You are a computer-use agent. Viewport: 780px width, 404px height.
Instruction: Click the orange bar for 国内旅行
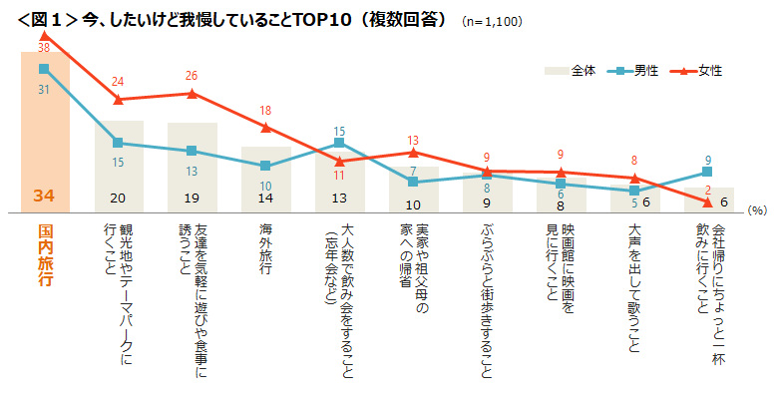[45, 130]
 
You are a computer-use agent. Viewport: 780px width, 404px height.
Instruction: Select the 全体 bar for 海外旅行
[265, 180]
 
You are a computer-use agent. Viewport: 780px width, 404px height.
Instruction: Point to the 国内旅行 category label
[45, 253]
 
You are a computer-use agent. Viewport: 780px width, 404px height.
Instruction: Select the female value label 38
[44, 47]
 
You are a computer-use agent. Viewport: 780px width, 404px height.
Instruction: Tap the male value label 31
[44, 89]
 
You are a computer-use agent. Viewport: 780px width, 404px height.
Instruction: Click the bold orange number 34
[44, 197]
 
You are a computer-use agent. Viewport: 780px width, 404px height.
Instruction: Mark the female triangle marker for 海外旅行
[265, 127]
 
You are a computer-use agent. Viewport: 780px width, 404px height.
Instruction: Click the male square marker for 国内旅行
[44, 69]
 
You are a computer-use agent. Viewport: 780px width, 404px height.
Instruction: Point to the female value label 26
[192, 76]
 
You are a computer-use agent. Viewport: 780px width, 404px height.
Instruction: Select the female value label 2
[708, 190]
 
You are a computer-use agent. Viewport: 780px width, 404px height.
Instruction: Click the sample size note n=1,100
[493, 21]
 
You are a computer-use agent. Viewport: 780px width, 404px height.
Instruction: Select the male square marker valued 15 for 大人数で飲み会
[339, 143]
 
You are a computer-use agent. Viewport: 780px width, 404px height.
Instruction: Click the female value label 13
[413, 141]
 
